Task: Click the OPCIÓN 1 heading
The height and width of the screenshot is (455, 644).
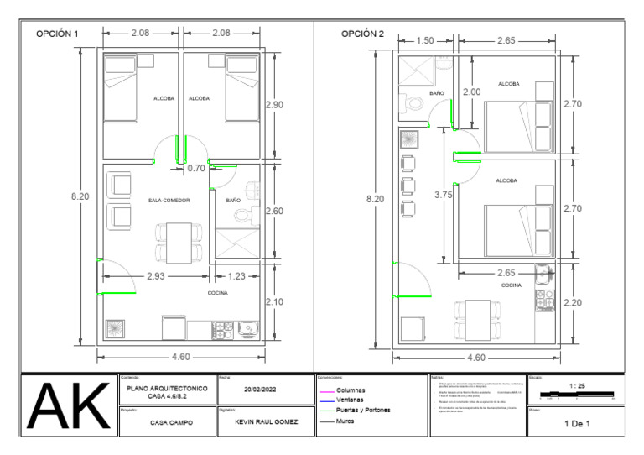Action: pyautogui.click(x=56, y=34)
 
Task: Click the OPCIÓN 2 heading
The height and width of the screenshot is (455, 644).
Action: pyautogui.click(x=362, y=34)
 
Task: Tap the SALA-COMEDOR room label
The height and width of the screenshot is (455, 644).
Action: pyautogui.click(x=169, y=201)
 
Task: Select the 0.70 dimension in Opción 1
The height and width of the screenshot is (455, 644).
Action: pyautogui.click(x=195, y=168)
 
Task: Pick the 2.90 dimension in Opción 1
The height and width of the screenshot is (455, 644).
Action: pyautogui.click(x=274, y=105)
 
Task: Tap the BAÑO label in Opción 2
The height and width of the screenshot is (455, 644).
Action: pyautogui.click(x=436, y=93)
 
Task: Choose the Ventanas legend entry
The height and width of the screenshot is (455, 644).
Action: pyautogui.click(x=350, y=400)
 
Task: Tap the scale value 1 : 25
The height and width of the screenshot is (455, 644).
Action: pyautogui.click(x=576, y=385)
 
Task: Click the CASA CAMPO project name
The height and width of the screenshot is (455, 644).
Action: pyautogui.click(x=171, y=423)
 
